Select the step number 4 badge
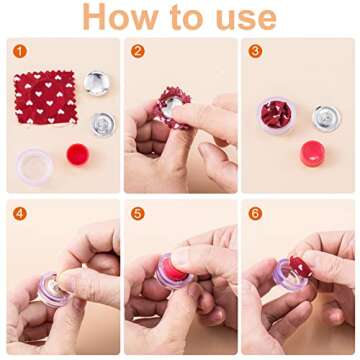pyautogui.click(x=18, y=213)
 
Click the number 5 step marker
pyautogui.click(x=137, y=213)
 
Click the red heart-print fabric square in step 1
pyautogui.click(x=44, y=97)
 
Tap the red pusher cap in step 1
pyautogui.click(x=77, y=154)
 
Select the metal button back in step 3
pyautogui.click(x=325, y=117)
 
